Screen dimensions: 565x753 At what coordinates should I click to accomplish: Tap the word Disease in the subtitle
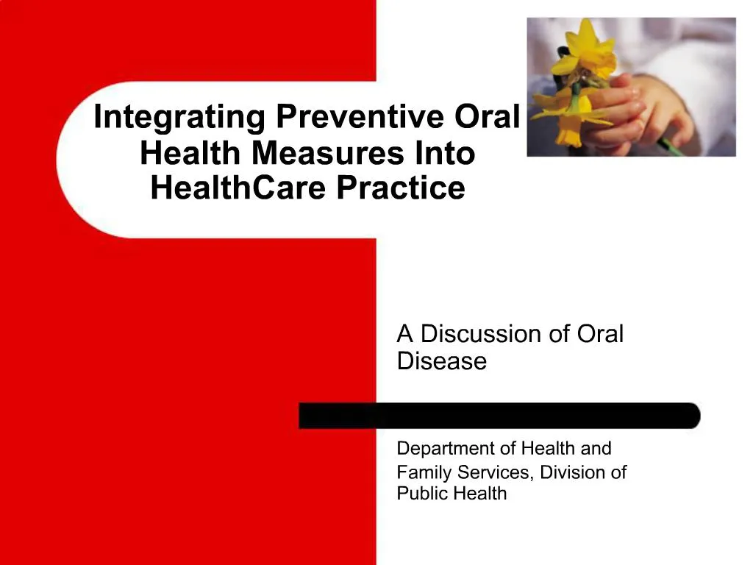tap(441, 361)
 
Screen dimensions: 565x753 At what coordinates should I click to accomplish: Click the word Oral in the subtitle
tap(600, 334)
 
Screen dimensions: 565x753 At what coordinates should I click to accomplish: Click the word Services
tap(490, 472)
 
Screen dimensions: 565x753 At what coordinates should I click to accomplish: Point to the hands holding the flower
tap(647, 110)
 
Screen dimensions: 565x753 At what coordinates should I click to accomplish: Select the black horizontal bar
tap(499, 416)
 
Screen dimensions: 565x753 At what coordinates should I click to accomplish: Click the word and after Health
tap(596, 448)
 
